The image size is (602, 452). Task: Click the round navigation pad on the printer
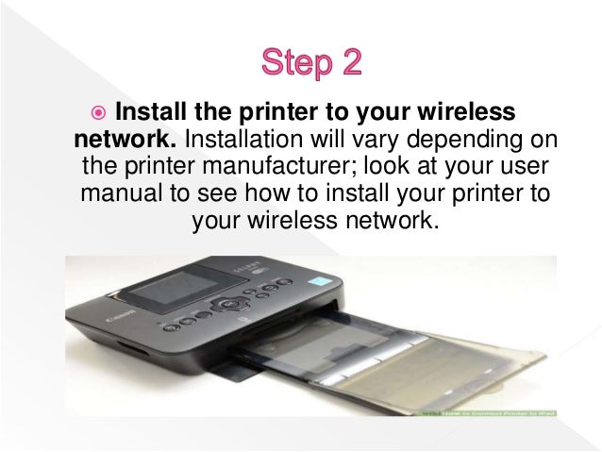(226, 304)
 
